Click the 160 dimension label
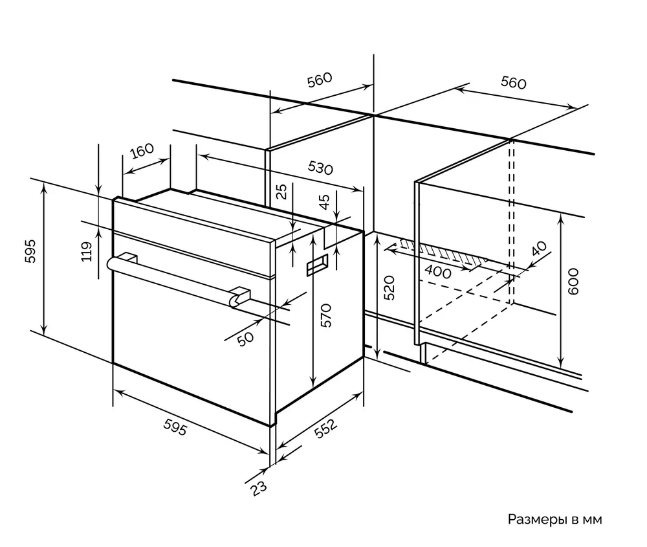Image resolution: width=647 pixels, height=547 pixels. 142,152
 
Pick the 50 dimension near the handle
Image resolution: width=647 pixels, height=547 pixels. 245,337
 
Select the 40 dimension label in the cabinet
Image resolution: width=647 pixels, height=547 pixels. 538,249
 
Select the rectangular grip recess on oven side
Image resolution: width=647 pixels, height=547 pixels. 317,266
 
